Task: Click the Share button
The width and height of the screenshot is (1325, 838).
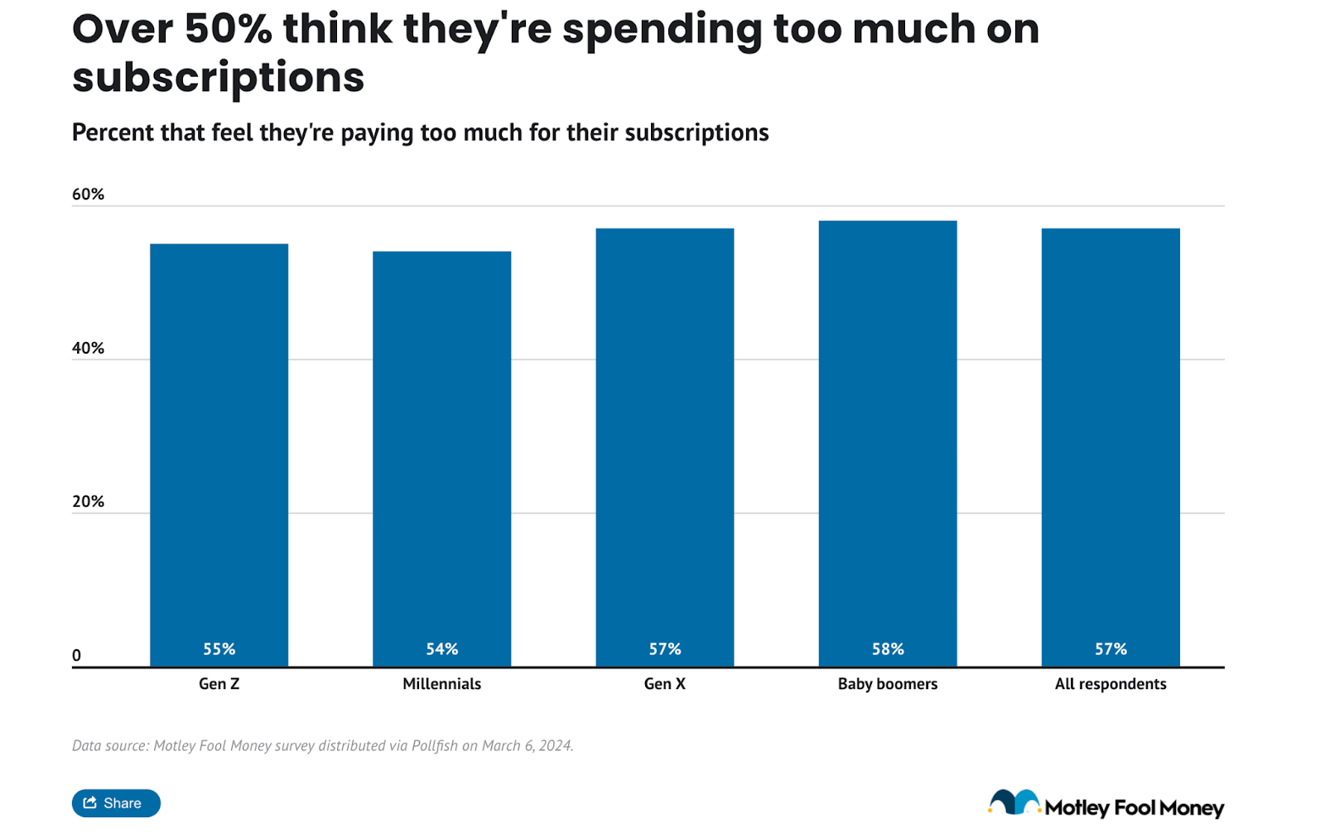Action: pos(116,802)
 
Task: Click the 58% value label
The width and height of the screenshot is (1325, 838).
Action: pos(887,649)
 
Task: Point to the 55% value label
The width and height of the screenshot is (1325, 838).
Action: pos(219,649)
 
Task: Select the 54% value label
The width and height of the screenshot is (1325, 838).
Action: pos(441,649)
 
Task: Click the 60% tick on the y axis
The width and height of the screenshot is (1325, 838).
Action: pos(88,194)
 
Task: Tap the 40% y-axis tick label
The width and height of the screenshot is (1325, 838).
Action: pos(88,348)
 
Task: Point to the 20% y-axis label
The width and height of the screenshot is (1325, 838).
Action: pos(88,501)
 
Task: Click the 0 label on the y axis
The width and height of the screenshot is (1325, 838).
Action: pos(77,655)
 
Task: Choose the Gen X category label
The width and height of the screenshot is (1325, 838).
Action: pos(664,684)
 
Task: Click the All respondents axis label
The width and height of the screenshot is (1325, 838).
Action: pos(1110,684)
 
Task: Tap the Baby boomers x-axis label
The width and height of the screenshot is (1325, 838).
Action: pos(887,684)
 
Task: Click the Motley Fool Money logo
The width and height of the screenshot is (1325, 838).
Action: pos(1106,805)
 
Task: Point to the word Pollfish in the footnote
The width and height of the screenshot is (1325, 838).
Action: pos(434,745)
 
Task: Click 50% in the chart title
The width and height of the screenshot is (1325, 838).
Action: pos(228,29)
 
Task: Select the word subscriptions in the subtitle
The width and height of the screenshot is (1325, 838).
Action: pos(696,132)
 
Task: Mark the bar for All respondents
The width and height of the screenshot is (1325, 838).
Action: pos(1110,447)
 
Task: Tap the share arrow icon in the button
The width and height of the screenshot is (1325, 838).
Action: pos(90,802)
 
